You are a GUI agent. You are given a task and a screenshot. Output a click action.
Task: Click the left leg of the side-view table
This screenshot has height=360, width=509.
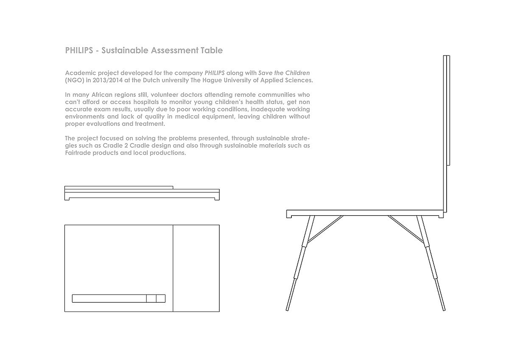299,263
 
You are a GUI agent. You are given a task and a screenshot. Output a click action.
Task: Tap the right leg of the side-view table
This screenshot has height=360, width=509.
432,263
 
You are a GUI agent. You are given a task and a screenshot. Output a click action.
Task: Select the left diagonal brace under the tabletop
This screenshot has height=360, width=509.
325,229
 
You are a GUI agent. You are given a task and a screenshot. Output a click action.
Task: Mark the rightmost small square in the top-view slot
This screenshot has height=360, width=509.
161,298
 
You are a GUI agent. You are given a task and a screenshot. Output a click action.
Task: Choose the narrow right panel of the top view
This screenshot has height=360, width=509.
196,268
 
